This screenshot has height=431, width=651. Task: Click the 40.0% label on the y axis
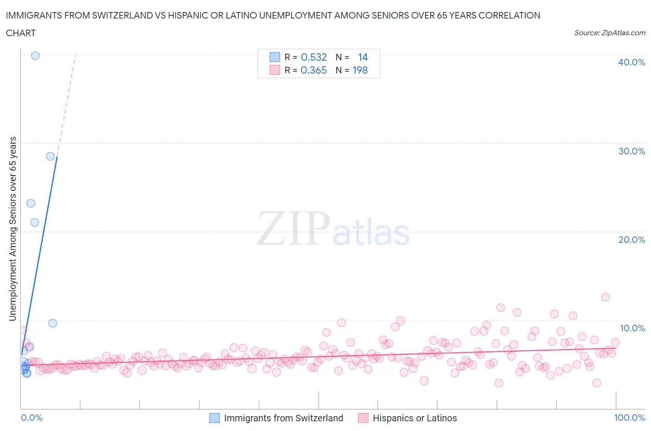pos(631,62)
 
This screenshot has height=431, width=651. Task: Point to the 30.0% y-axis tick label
pos(631,151)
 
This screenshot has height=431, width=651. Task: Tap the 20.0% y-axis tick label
pos(631,240)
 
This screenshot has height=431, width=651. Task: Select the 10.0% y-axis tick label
pos(632,328)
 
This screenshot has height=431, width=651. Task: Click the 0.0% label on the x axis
pos(31,418)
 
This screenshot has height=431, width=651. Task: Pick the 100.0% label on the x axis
pos(629,418)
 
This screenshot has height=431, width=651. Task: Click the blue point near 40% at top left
pos(35,56)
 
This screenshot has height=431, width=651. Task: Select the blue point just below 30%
pos(50,156)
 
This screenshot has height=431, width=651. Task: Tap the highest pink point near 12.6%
pos(605,297)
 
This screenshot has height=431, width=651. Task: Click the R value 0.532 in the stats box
pos(313,57)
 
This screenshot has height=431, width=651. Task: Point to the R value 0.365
pos(313,70)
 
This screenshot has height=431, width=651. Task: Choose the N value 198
pos(360,70)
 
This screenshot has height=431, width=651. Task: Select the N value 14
pos(363,57)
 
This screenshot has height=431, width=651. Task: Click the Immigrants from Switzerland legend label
pos(283,418)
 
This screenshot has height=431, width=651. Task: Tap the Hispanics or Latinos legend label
pos(414,418)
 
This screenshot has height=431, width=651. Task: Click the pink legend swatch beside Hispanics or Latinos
pos(363,418)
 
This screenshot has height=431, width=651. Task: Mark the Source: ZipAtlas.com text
pos(609,32)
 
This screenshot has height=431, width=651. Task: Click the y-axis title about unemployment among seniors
pos(13,228)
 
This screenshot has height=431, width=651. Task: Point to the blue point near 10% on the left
pos(53,323)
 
